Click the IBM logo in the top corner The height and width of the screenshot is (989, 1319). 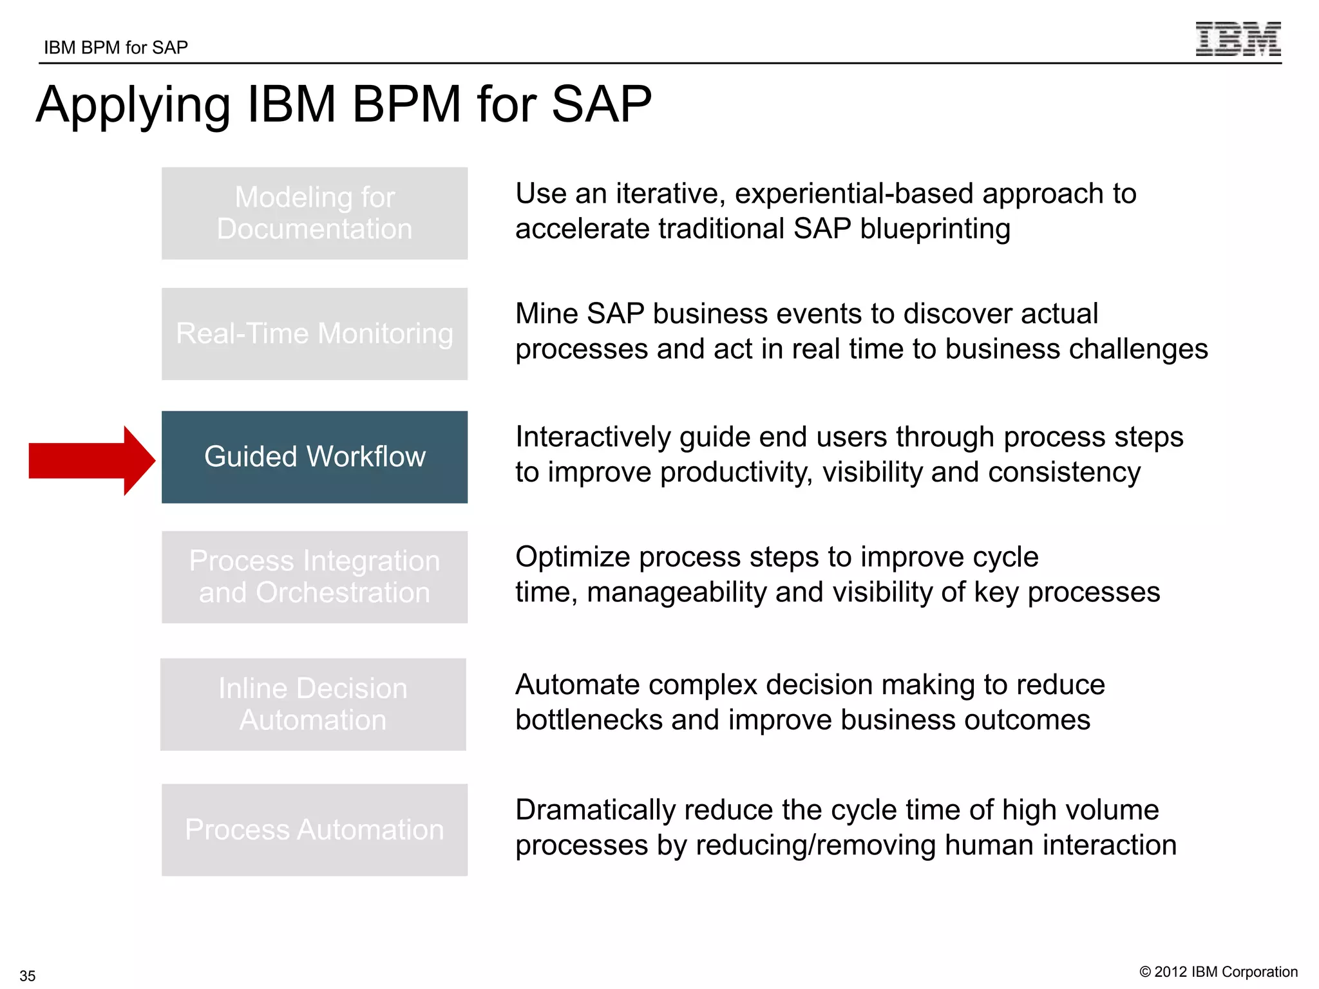1237,39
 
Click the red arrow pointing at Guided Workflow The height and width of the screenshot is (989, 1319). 90,460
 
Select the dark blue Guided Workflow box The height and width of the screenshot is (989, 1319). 314,457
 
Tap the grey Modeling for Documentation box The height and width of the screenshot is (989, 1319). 314,213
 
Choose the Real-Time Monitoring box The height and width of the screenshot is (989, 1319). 314,334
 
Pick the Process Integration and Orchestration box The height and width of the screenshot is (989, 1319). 314,577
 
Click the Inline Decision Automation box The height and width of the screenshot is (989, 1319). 313,704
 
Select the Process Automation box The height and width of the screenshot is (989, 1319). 314,829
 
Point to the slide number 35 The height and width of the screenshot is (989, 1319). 28,975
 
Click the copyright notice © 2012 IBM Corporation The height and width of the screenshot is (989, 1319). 1219,972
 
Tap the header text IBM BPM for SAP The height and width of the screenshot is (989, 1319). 116,48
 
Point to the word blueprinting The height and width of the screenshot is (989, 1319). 935,229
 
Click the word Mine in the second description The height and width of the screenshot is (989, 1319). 547,314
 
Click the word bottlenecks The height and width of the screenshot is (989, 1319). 589,720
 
